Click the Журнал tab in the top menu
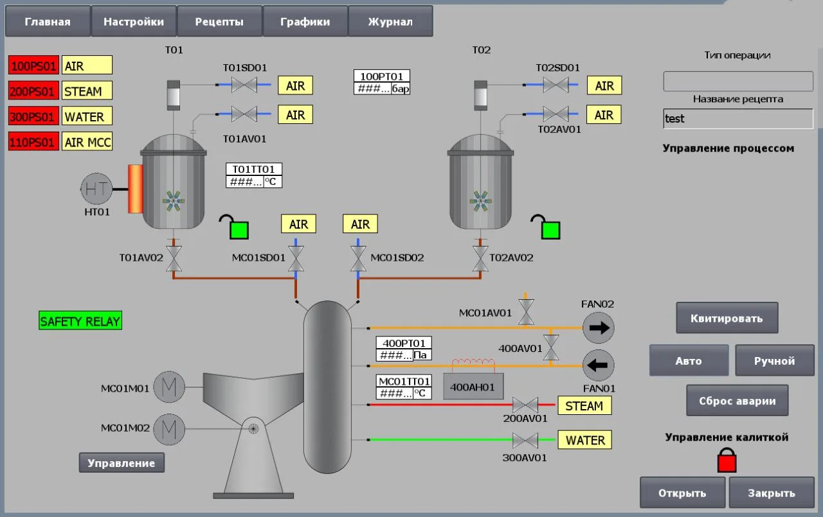pos(390,21)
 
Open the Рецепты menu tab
pos(219,21)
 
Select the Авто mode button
pos(689,360)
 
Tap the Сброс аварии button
pos(737,400)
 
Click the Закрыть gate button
pos(772,493)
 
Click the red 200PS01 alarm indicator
pos(33,91)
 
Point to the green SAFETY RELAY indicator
pos(80,320)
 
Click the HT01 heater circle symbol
pos(96,189)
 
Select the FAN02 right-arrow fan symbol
pos(598,328)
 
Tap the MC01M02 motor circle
pos(169,429)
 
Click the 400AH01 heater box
pos(473,387)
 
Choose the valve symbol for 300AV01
pos(525,440)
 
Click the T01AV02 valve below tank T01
pos(174,258)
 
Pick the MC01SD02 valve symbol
pos(358,258)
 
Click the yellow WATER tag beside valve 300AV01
pos(584,439)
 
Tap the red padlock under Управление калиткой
pos(727,460)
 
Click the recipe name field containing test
pos(738,119)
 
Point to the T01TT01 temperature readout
pos(254,175)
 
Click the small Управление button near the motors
pos(122,462)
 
